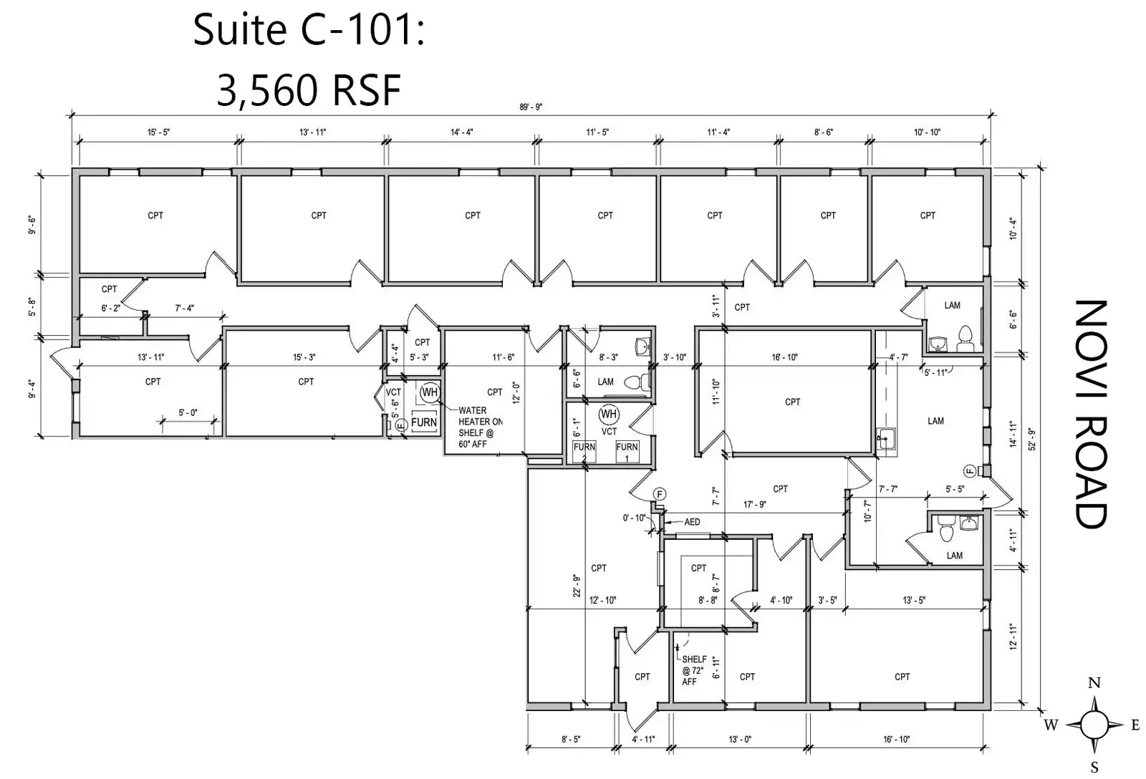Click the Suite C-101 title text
coord(309,30)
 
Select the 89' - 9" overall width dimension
coord(531,107)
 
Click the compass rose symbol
coord(1093,725)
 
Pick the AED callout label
coord(692,522)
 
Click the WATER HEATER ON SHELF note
coord(480,427)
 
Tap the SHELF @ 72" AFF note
coord(694,670)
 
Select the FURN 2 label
coord(584,452)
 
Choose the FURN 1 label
coord(627,452)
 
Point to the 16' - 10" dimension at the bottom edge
coord(896,739)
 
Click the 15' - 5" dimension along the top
coord(159,132)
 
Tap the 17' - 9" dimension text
coord(754,504)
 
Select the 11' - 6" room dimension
coord(503,357)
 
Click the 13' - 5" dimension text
coord(913,600)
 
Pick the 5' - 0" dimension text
coord(188,413)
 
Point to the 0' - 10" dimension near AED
coord(634,518)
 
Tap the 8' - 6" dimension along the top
coord(823,132)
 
